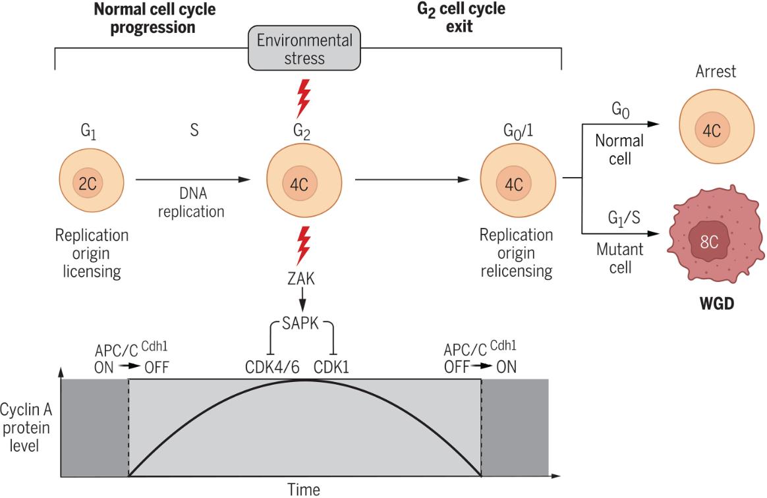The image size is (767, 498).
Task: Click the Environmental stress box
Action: (x=304, y=49)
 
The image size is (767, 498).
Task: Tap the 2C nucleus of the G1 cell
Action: (x=88, y=183)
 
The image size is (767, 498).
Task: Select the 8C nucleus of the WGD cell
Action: (x=709, y=241)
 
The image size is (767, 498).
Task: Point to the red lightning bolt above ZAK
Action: (x=304, y=245)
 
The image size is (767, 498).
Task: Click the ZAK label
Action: (x=301, y=279)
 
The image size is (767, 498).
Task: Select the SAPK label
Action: (x=300, y=323)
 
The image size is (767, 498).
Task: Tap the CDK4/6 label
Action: (x=272, y=367)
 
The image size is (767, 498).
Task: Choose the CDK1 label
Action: (x=331, y=367)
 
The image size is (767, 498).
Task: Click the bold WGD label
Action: (x=717, y=303)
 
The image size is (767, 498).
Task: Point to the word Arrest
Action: (x=716, y=71)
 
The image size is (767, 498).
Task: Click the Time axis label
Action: (x=304, y=489)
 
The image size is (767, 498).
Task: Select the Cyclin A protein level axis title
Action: (x=26, y=428)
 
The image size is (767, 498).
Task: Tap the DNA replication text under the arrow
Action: (x=191, y=202)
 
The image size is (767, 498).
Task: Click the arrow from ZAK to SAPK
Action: (x=302, y=299)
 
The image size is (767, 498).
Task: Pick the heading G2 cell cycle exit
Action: (x=461, y=18)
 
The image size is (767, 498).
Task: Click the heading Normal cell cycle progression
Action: (x=154, y=18)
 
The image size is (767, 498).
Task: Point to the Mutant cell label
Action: (x=620, y=258)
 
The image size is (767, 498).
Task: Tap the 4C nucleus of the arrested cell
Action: (x=712, y=130)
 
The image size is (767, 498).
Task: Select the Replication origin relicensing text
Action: (x=516, y=253)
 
